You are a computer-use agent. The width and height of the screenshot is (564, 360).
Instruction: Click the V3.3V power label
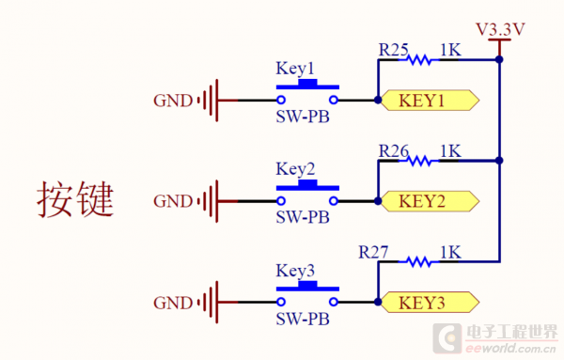(x=500, y=28)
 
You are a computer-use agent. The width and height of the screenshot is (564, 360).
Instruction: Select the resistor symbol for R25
(x=420, y=60)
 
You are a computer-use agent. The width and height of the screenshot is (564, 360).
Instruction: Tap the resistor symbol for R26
(x=420, y=161)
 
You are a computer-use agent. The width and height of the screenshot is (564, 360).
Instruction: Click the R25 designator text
(x=393, y=47)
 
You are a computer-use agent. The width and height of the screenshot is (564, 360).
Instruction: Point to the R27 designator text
(x=374, y=251)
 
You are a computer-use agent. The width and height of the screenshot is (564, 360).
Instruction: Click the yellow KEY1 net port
(x=429, y=100)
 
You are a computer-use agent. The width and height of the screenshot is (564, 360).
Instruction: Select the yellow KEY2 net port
(x=429, y=200)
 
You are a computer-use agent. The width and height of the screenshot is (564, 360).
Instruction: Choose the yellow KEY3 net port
(x=429, y=302)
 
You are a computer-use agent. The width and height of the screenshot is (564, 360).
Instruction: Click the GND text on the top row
(x=172, y=100)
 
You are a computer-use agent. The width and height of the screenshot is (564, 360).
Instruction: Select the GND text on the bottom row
(x=172, y=302)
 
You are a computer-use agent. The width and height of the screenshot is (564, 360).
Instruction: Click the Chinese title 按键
(x=75, y=199)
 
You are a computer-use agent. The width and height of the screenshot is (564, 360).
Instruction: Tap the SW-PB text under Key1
(x=303, y=117)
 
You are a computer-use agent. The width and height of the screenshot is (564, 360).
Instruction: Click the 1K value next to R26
(x=450, y=149)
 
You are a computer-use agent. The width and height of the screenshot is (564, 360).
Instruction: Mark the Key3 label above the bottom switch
(x=295, y=271)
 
